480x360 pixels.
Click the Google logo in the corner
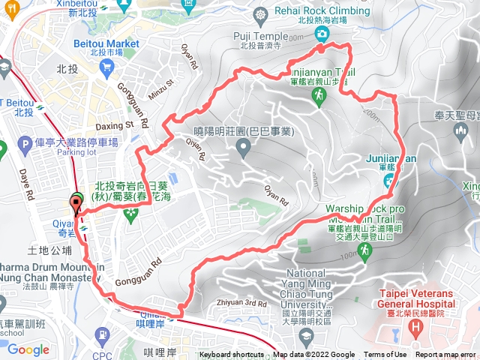28,349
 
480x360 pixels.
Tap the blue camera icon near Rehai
322,34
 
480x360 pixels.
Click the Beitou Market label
106,43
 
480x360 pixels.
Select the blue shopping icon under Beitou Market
106,68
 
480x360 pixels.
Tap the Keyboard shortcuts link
232,355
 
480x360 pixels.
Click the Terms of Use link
385,355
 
